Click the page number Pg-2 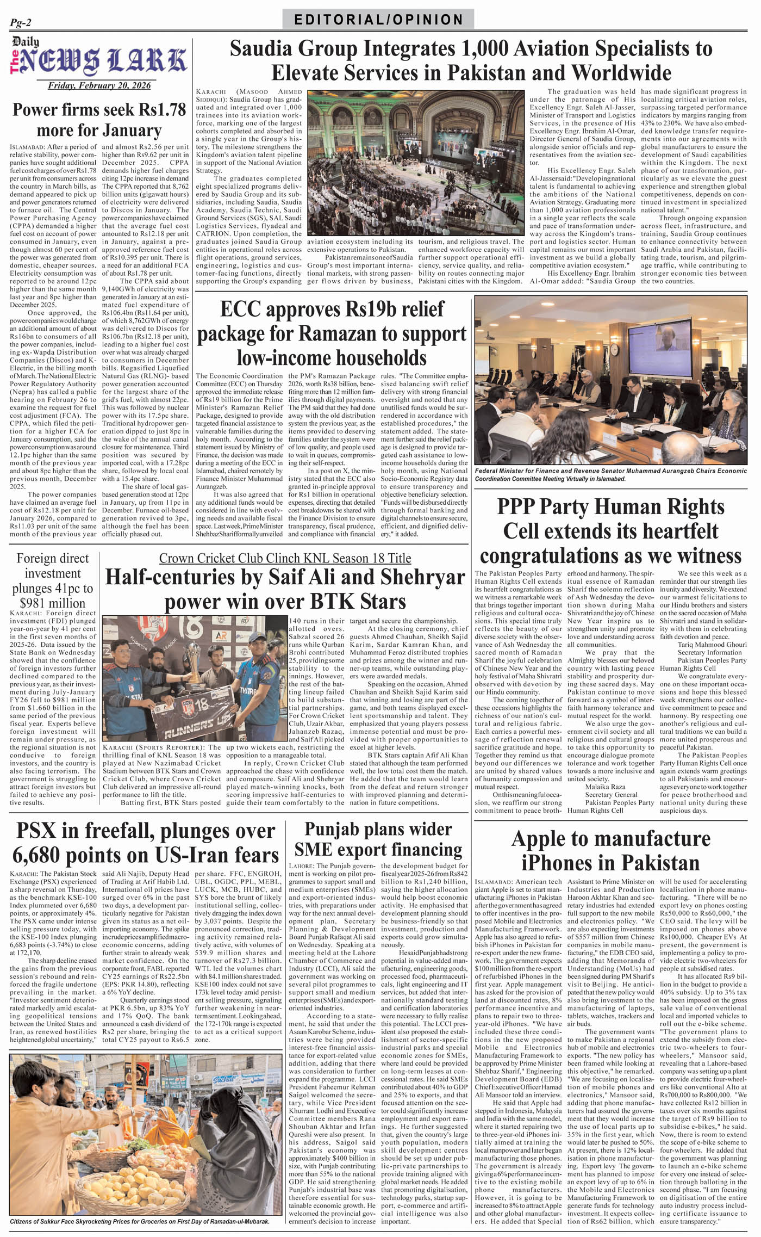pyautogui.click(x=21, y=22)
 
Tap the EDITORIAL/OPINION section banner pyautogui.click(x=378, y=20)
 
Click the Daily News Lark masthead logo pyautogui.click(x=99, y=60)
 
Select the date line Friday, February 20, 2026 pyautogui.click(x=99, y=85)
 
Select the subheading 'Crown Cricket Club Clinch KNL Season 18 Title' pyautogui.click(x=285, y=558)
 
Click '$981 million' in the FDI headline pyautogui.click(x=52, y=603)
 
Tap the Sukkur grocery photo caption pyautogui.click(x=140, y=1221)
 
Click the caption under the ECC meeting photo pyautogui.click(x=610, y=474)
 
